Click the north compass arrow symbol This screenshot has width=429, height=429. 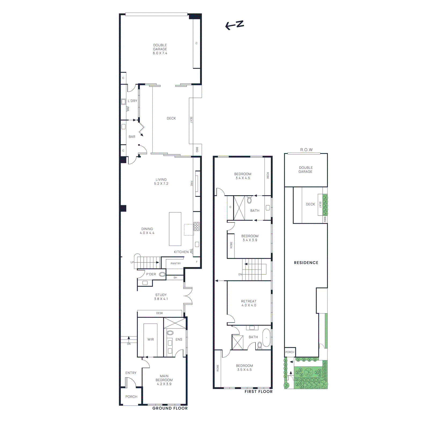point(235,25)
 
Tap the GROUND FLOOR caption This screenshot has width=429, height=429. point(170,408)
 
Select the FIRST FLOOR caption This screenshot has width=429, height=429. point(258,391)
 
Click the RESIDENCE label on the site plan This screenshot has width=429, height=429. point(306,263)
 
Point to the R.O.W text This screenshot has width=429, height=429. point(306,150)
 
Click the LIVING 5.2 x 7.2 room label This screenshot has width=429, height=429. point(161,182)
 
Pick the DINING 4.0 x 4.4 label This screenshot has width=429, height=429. point(147,231)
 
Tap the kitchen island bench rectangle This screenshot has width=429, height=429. point(175,229)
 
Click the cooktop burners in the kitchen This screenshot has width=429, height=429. point(196,227)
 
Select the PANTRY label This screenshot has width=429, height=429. point(176,264)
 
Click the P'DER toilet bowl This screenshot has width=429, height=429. point(162,274)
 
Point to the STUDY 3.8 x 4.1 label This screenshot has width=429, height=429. point(161,297)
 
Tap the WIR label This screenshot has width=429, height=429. point(150,339)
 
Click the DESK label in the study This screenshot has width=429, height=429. point(160,313)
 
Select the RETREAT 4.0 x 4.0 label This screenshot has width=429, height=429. point(249,303)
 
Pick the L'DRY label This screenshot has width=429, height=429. point(132,101)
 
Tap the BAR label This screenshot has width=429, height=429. point(132,137)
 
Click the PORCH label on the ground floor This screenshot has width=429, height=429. point(131,397)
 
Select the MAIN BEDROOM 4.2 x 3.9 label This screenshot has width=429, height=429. point(164,380)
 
